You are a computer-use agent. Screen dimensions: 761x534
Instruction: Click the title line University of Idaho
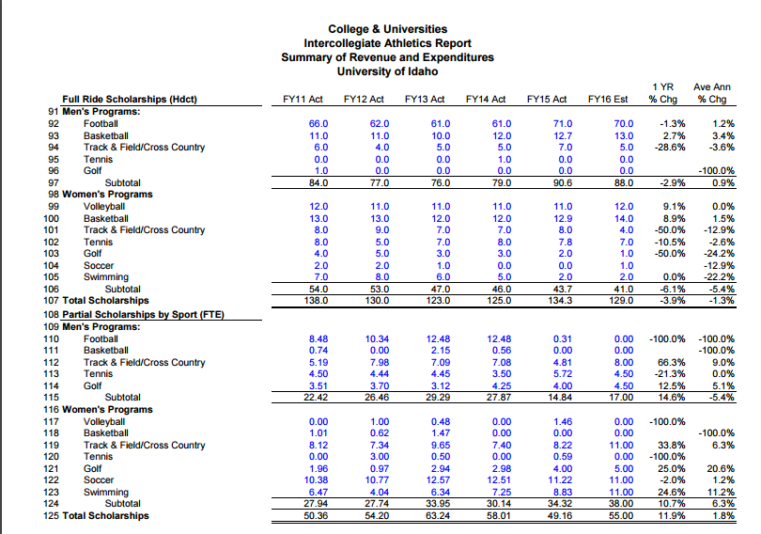point(387,71)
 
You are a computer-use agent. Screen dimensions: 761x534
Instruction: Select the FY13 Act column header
point(425,99)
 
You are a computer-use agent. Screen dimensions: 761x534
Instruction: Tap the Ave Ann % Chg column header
point(712,93)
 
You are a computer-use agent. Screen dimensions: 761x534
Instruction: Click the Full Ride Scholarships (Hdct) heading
point(130,99)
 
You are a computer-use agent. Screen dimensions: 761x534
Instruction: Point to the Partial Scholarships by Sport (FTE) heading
point(143,314)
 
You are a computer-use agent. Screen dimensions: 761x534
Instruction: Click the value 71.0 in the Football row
point(563,124)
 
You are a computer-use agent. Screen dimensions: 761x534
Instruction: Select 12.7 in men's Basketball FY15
point(563,136)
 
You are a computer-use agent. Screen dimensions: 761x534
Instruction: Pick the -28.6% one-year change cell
point(670,147)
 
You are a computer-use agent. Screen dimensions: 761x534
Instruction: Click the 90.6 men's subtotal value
point(563,183)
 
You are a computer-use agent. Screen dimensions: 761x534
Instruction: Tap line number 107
point(52,301)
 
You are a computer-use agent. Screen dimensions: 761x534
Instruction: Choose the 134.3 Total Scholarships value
point(560,301)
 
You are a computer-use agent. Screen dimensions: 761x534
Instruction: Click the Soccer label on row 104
point(99,265)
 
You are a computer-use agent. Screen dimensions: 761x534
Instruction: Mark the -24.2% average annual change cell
point(720,254)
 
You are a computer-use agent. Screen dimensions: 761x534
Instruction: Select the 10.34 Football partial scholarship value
point(377,338)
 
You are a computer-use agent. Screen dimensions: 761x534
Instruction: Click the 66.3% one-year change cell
point(672,362)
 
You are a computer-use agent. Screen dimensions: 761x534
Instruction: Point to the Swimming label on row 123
point(106,493)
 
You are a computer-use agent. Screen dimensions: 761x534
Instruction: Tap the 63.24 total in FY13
point(438,515)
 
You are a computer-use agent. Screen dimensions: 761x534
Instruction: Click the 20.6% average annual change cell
point(722,468)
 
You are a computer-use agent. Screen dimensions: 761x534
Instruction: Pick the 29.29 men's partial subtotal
point(438,397)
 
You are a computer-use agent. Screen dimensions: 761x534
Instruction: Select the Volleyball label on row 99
point(104,206)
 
